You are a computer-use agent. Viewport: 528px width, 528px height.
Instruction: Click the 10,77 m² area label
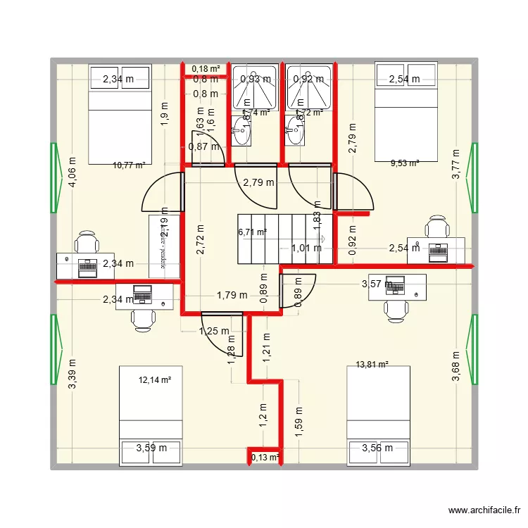[129, 165]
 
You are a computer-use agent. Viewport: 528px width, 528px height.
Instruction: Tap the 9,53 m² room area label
[405, 163]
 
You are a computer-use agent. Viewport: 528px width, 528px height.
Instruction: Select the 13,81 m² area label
[372, 365]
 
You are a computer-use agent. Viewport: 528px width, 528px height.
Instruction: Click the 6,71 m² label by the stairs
[253, 232]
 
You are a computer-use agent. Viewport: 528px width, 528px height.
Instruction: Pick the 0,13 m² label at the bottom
[265, 458]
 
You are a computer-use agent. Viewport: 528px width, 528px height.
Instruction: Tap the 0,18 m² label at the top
[206, 68]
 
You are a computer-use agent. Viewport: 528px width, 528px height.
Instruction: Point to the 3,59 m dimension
[152, 447]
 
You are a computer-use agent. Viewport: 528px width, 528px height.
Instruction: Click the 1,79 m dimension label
[232, 295]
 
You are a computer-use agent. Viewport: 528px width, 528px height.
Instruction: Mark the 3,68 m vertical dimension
[456, 367]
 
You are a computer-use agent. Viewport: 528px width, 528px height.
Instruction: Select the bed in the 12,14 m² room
[151, 415]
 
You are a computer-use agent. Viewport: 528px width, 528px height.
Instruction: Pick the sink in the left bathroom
[241, 130]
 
